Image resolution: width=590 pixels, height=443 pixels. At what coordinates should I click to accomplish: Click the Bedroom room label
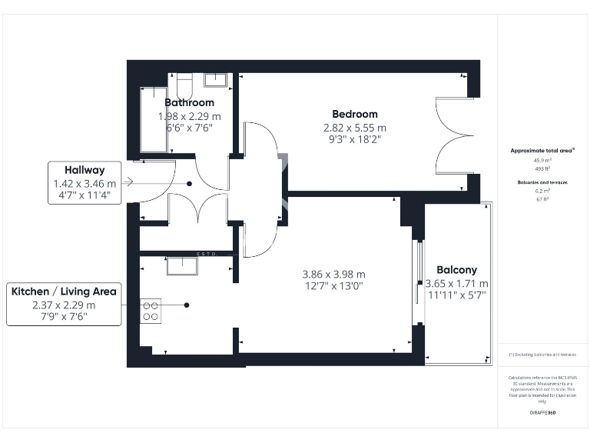pos(354,114)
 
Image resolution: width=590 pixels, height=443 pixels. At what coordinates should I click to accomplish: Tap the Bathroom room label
pos(189,102)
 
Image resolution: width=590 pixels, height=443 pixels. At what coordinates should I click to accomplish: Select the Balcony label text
pos(456,270)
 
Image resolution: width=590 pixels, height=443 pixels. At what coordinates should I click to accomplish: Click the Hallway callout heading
pos(85,170)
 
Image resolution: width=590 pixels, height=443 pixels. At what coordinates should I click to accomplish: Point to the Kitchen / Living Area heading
pos(64,291)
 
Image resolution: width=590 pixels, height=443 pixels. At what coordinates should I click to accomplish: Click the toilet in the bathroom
pos(184,82)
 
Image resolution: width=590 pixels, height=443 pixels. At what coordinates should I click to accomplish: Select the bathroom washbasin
pos(215,80)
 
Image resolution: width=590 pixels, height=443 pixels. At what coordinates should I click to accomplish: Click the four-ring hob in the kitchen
pos(150,310)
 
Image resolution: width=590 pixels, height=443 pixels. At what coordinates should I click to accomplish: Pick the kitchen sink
pos(183,265)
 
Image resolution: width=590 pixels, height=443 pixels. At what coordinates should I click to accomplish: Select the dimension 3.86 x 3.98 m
pos(333,274)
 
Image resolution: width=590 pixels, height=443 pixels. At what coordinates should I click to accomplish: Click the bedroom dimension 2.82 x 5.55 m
pos(354,128)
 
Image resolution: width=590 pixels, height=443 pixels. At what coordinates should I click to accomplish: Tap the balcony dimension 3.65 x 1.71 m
pos(456,284)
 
